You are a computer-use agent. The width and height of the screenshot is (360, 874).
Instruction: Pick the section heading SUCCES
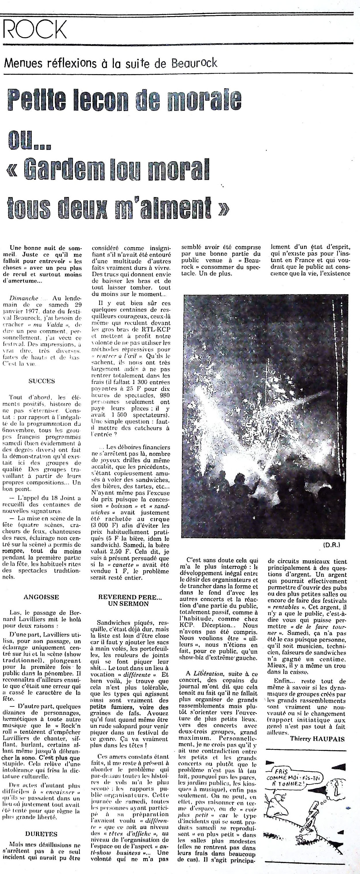(x=42, y=381)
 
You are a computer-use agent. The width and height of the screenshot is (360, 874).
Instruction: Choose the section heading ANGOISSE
(x=42, y=597)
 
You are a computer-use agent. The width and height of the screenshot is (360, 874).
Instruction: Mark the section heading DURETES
(x=42, y=834)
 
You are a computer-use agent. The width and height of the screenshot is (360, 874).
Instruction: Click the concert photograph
(x=266, y=417)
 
